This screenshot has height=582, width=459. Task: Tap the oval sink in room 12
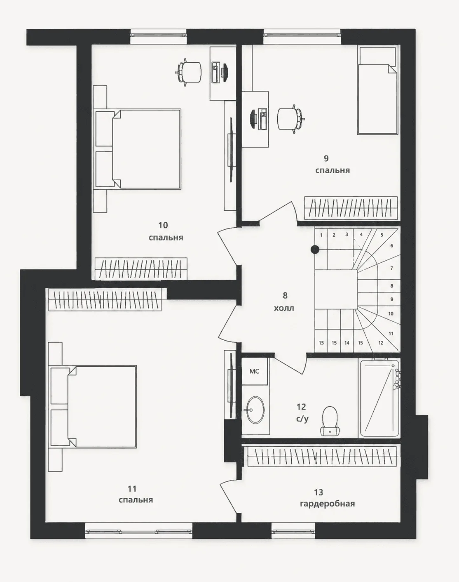[x=255, y=410]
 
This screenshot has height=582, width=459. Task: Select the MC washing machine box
[x=255, y=371]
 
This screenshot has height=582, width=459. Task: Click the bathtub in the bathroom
[x=379, y=398]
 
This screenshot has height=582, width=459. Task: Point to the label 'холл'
[x=284, y=308]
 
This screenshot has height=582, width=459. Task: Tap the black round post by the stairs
[x=315, y=250]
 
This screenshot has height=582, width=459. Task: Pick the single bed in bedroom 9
[x=378, y=90]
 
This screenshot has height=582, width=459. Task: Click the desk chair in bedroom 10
[x=189, y=72]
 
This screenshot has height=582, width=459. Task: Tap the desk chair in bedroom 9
[x=291, y=119]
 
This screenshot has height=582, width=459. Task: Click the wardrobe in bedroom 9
[x=351, y=208]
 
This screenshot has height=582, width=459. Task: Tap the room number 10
[x=163, y=225]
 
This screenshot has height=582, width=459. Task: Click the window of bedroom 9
[x=302, y=35]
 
